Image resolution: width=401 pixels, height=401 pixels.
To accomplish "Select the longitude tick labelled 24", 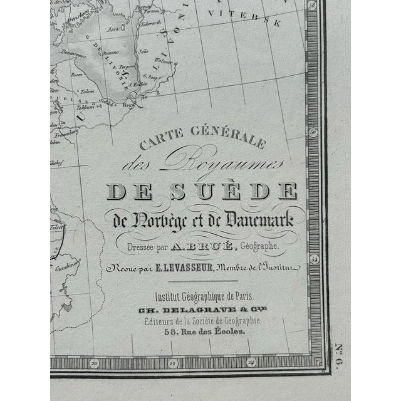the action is coord(251,361).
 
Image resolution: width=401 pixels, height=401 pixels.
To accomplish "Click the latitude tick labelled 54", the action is coord(315,258).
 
